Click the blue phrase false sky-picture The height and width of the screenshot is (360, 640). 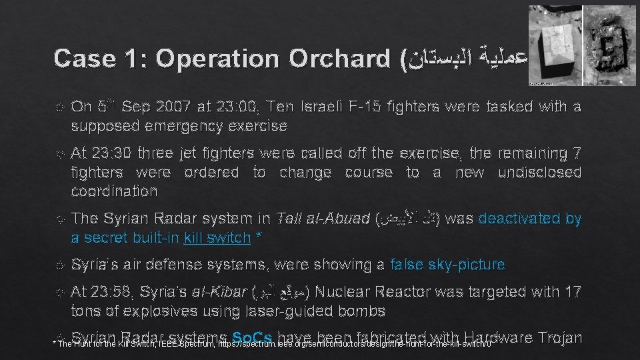click(x=448, y=265)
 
